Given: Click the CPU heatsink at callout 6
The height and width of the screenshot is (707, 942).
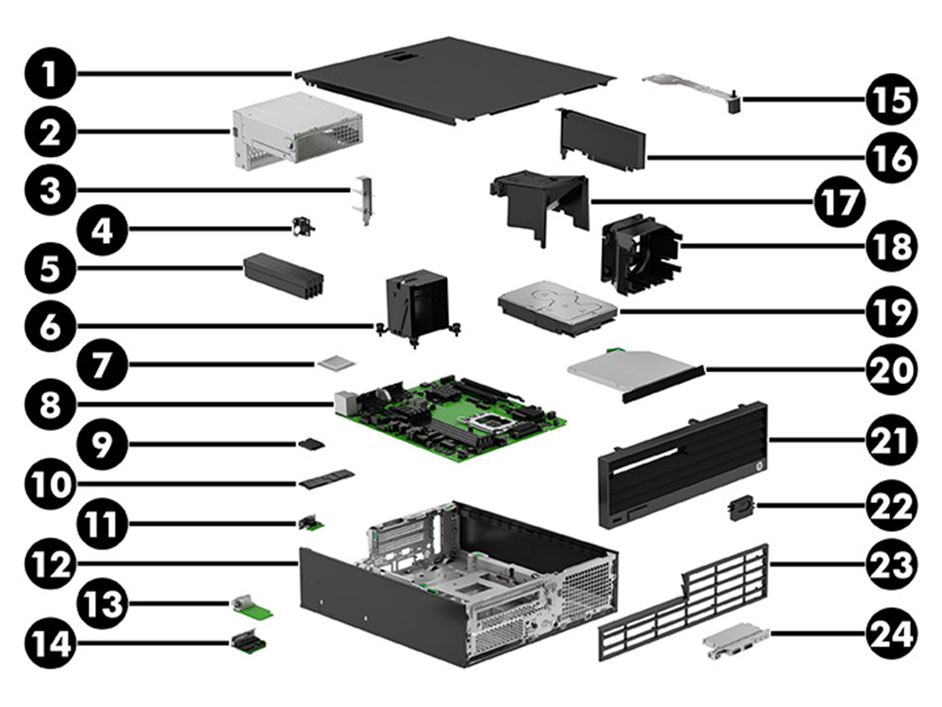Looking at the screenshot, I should [x=417, y=304].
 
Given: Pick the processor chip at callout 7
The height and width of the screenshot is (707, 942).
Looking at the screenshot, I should [x=334, y=364].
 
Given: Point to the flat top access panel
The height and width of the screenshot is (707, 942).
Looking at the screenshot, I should [x=458, y=77].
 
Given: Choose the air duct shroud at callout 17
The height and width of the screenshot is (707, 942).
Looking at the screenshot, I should [x=539, y=201].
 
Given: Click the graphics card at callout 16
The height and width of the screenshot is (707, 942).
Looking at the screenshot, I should [x=603, y=141].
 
